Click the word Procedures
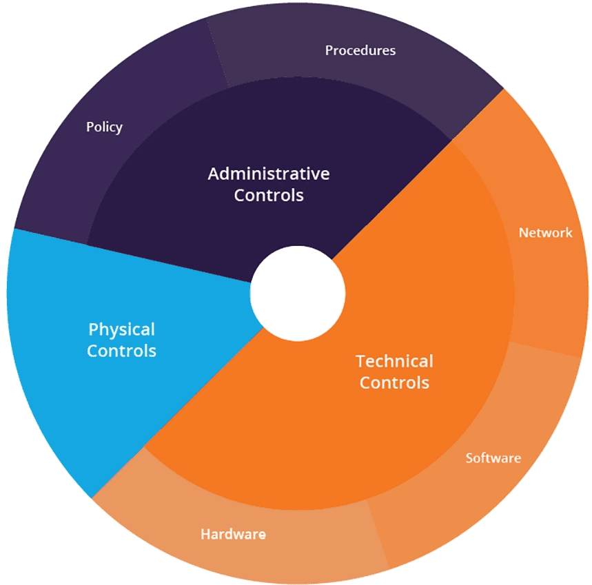(x=360, y=50)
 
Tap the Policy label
(x=104, y=127)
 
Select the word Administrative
(x=269, y=174)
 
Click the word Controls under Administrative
(x=269, y=195)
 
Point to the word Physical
(x=121, y=330)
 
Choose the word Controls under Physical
(x=121, y=351)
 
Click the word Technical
(x=394, y=361)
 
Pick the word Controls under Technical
(x=394, y=382)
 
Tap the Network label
(x=546, y=232)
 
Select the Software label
(x=493, y=458)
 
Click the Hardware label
(x=234, y=534)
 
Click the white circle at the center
(x=298, y=294)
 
